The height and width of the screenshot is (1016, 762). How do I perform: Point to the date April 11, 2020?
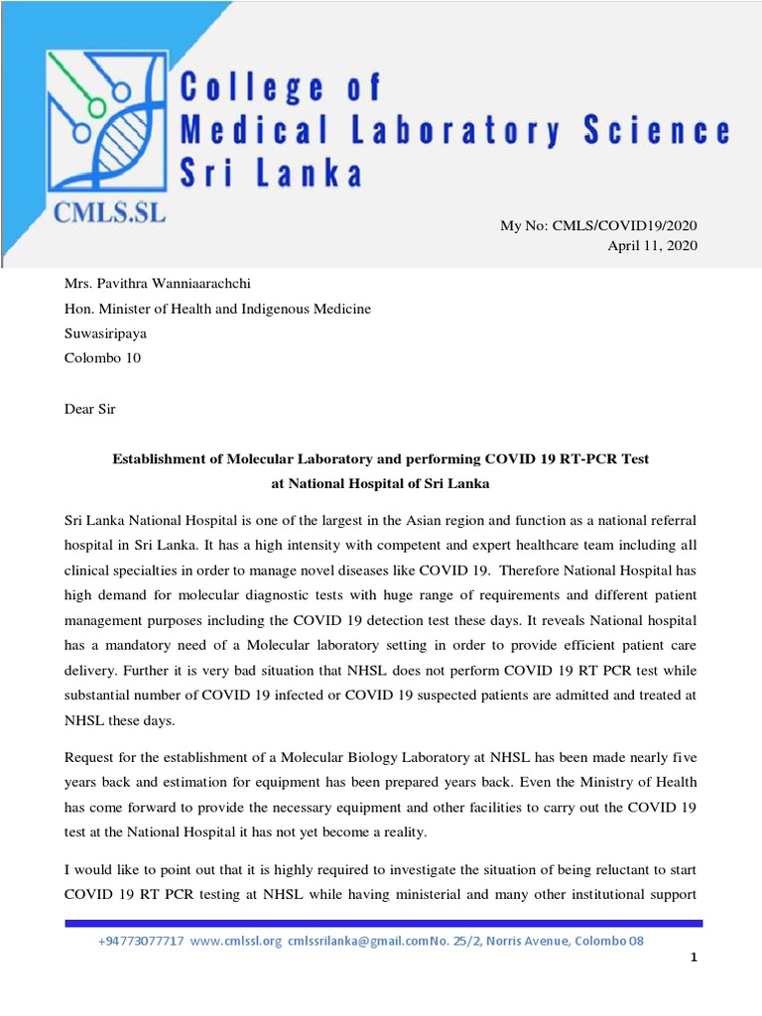[x=653, y=246]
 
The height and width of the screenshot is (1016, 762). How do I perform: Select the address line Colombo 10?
[x=102, y=358]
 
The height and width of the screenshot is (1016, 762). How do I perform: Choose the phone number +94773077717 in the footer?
[x=142, y=941]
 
